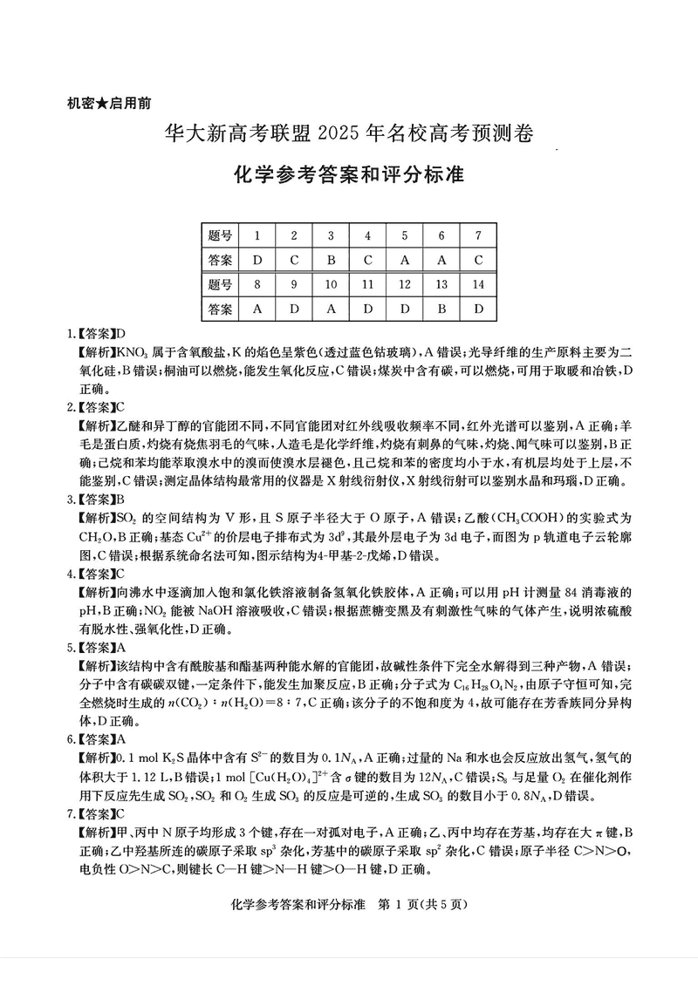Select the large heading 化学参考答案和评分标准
click(349, 173)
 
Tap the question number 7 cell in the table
click(477, 235)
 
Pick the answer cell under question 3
click(331, 260)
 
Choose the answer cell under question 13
click(441, 309)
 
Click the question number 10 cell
click(331, 284)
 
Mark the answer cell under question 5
click(404, 260)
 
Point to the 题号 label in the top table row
click(221, 235)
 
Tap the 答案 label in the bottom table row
click(221, 309)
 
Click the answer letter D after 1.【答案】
click(121, 334)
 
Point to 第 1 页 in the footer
click(397, 904)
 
